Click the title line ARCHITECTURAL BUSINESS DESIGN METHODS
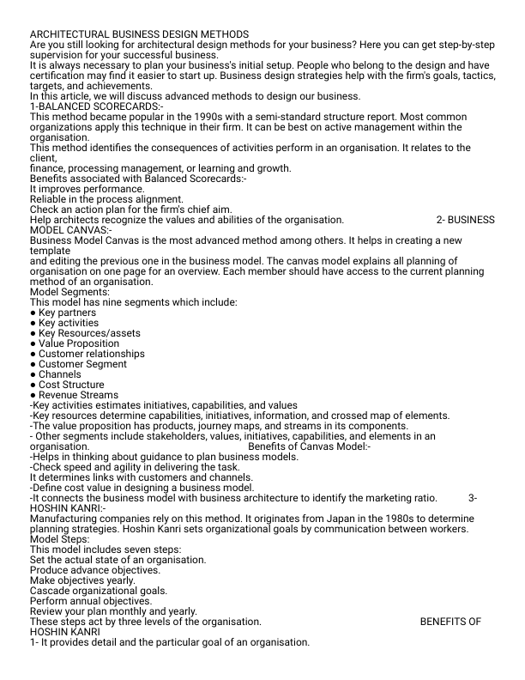127,33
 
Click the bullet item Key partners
67,313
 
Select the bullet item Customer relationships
91,354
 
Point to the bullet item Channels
59,374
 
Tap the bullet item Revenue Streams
78,395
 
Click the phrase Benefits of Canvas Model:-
309,446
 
